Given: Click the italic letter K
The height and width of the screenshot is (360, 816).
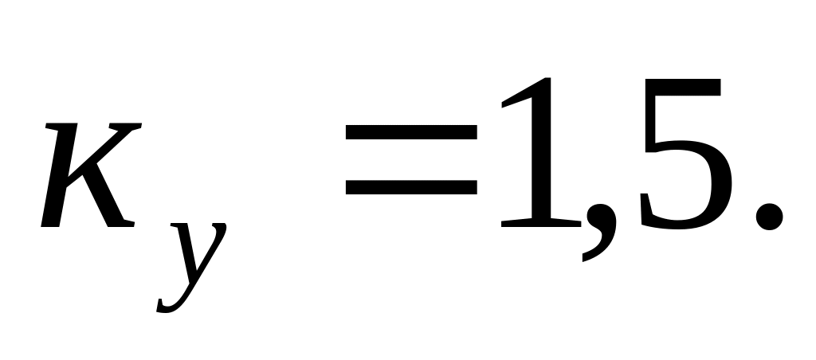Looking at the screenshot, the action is pyautogui.click(x=88, y=175).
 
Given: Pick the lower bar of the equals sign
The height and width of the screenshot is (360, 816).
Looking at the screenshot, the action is pyautogui.click(x=410, y=191).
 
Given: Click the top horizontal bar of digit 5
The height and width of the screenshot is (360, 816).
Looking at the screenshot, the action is pyautogui.click(x=689, y=89).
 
